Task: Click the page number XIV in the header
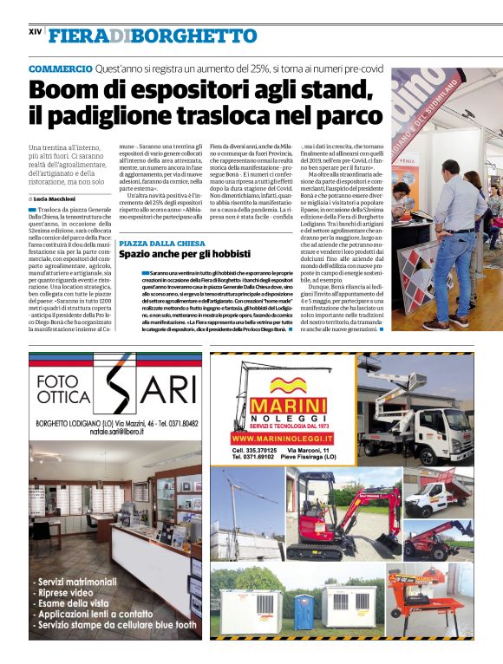(36, 32)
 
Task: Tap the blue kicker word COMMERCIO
(60, 68)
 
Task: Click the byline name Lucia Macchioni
(62, 199)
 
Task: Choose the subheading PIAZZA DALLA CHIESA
(161, 244)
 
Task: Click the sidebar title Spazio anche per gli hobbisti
(184, 256)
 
